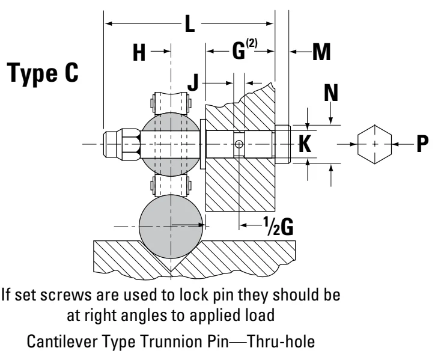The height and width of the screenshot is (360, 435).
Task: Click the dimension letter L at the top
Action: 190,24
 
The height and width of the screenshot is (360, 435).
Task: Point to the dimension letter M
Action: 321,52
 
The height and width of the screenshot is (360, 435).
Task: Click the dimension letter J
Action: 193,82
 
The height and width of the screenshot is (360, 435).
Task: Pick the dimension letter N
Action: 331,93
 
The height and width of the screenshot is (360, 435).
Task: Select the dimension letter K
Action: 305,144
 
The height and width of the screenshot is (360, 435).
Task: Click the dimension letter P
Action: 422,144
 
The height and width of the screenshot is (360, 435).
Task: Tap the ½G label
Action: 278,227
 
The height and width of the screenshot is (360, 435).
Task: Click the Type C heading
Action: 43,73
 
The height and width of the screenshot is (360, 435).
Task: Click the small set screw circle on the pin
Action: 239,144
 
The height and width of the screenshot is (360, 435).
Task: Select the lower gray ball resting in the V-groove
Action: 171,227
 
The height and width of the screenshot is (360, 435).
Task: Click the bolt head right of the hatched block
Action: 283,144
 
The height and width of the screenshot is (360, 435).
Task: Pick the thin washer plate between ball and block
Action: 203,144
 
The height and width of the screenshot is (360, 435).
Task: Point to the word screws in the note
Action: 66,294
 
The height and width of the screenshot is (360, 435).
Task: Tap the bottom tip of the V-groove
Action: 171,271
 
